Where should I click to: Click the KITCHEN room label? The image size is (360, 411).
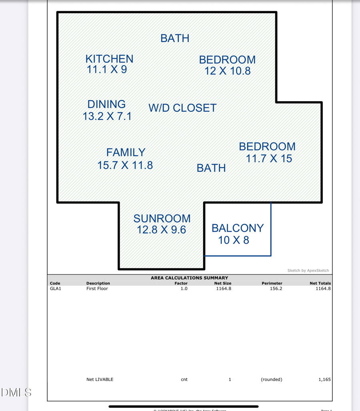coord(109,59)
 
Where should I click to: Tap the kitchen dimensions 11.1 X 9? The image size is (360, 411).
coord(107,70)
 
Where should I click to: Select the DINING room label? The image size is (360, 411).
coord(106,104)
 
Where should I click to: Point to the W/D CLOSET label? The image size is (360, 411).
coord(182,108)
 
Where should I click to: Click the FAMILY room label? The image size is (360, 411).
coord(126,152)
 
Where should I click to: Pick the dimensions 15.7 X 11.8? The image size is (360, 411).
coord(125,165)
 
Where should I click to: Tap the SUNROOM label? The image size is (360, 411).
coord(162,219)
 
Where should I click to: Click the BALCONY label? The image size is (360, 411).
coord(237,228)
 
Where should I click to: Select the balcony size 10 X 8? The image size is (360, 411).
coord(233,240)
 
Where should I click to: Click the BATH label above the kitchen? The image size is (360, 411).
coord(175,38)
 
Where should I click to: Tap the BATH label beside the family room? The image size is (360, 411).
coord(211,168)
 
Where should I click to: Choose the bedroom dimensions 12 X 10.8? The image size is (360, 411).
coord(227,71)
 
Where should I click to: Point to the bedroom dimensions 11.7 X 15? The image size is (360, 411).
coord(269,159)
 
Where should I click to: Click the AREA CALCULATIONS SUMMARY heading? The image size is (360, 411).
coord(189,278)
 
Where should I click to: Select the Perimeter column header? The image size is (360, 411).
coord(272,283)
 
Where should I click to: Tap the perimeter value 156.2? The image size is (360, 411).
coord(276,289)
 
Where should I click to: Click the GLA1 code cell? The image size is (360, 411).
coord(56,289)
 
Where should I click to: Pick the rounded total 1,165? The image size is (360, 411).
coord(324,379)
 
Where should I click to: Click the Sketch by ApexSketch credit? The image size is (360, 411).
coord(308,271)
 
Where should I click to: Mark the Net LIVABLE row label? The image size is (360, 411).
coord(100,379)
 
